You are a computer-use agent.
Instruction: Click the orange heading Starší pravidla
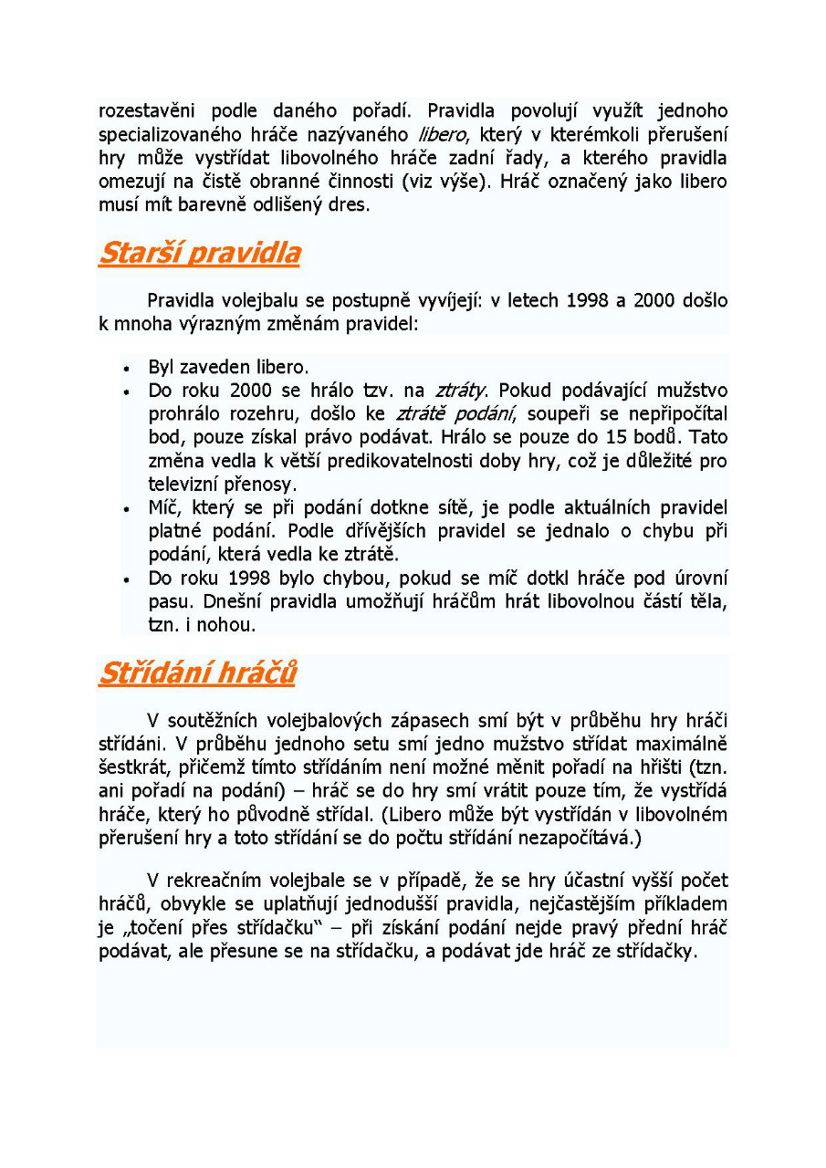pyautogui.click(x=199, y=253)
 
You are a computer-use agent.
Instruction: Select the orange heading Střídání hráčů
pyautogui.click(x=197, y=673)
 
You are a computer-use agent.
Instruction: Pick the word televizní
pyautogui.click(x=185, y=485)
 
